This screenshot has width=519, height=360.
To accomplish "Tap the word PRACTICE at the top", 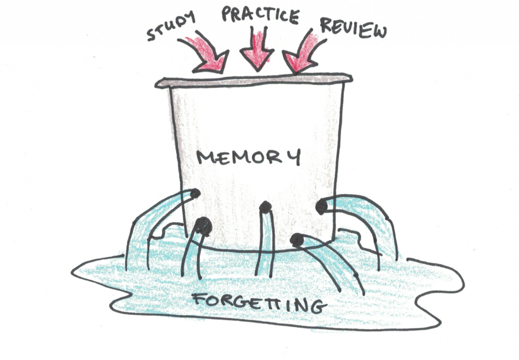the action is tap(260, 15).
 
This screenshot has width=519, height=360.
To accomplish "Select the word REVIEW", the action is tap(353, 27).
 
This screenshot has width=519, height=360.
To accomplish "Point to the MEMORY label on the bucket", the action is tap(249, 157).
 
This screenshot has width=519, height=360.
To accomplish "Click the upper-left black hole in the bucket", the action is tap(195, 193).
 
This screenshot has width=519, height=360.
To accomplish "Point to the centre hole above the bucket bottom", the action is tap(265, 207).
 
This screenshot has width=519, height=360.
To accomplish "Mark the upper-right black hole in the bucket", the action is tap(321, 207).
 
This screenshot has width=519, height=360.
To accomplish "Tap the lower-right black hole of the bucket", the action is tap(297, 240).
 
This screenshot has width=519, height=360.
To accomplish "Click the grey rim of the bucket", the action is tap(253, 80).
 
